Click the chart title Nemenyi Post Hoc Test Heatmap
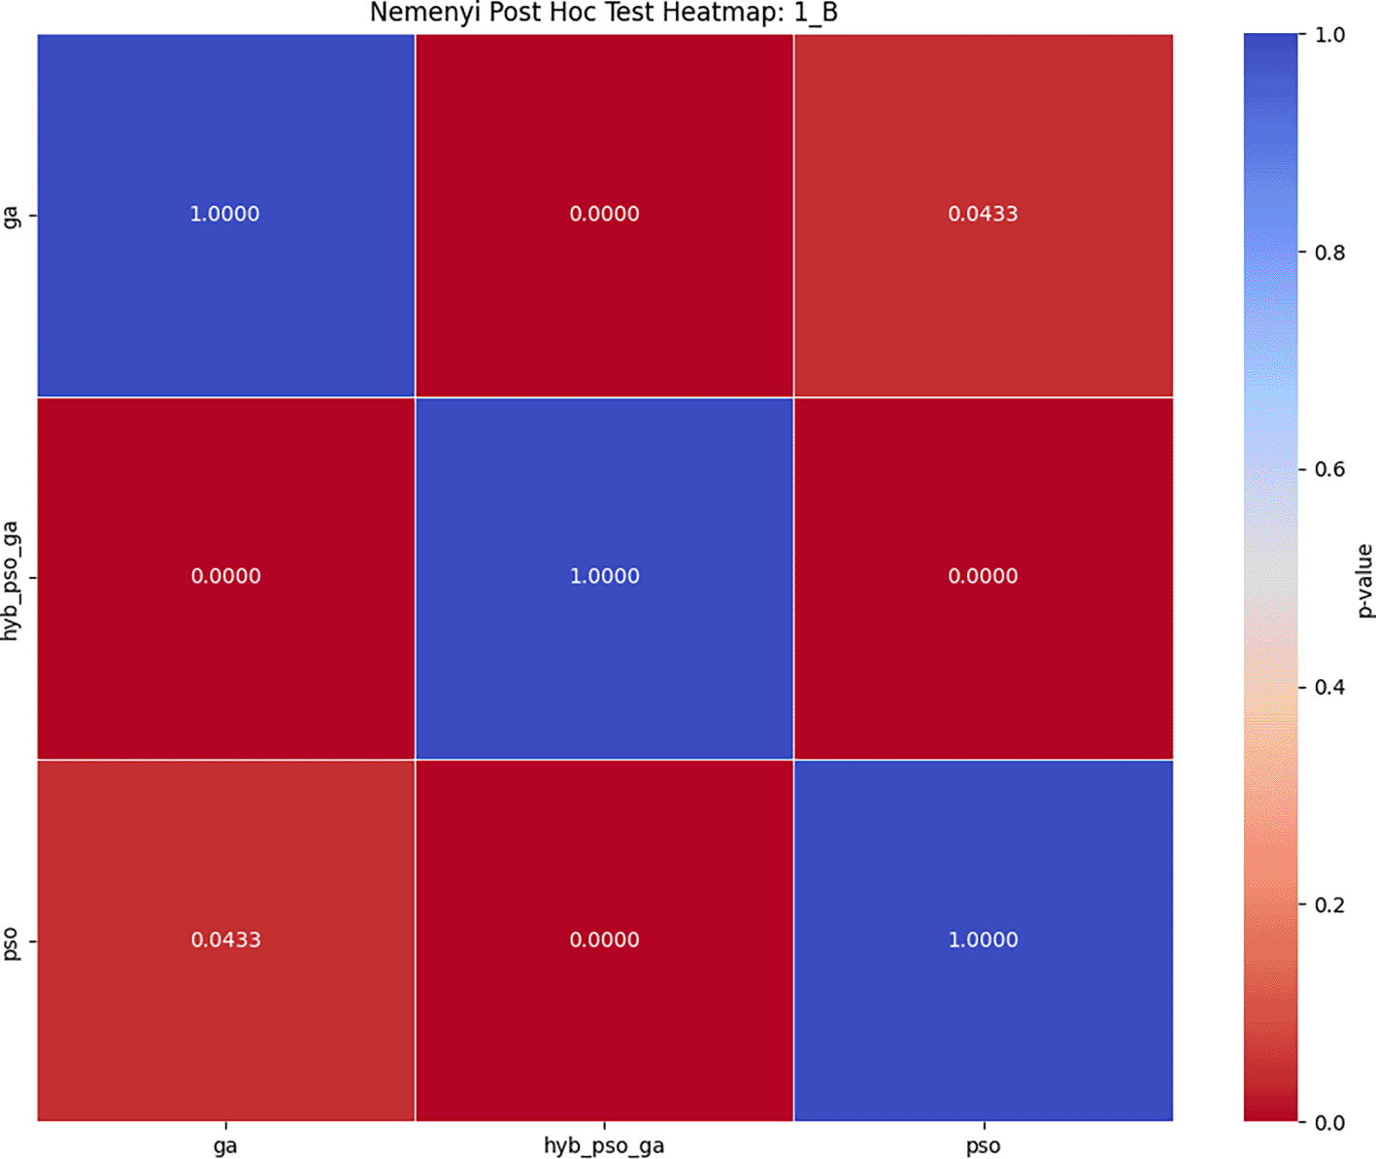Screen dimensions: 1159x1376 click(603, 14)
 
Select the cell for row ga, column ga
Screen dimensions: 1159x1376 click(225, 215)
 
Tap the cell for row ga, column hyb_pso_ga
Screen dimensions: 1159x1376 click(604, 215)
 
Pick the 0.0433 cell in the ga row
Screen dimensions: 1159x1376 click(983, 215)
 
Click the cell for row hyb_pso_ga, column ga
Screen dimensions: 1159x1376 click(225, 577)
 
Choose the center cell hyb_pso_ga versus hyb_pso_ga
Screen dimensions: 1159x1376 click(604, 577)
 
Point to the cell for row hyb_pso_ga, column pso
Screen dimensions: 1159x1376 click(983, 577)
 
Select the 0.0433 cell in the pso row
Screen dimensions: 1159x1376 click(225, 940)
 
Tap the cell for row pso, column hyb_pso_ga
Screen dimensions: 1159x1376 click(604, 940)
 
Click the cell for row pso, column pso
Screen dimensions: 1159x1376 click(983, 940)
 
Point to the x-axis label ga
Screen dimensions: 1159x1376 click(225, 1146)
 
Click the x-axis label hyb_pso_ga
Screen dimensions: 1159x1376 click(604, 1146)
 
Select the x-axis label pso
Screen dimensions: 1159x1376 click(983, 1146)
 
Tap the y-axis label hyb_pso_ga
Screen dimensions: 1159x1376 click(12, 579)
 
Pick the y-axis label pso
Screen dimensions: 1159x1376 click(12, 942)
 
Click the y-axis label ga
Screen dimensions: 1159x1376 click(12, 215)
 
